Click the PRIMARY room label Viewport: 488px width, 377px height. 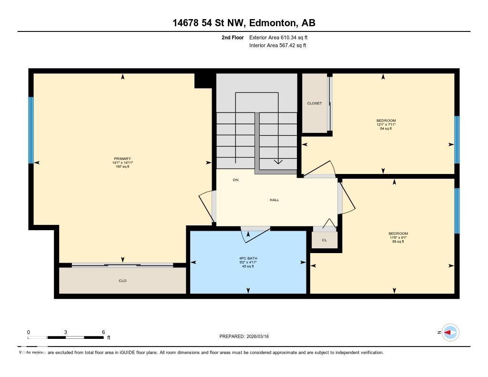tap(122, 159)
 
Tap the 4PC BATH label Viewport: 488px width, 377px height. tap(248, 258)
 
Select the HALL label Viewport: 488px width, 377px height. tap(274, 200)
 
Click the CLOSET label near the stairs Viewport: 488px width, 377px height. tap(314, 103)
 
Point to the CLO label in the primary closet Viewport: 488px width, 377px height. tap(122, 281)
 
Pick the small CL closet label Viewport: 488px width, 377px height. tap(324, 240)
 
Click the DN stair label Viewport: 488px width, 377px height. tap(235, 180)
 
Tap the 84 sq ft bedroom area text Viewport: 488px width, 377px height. tap(386, 129)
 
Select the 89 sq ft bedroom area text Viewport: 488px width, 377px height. tap(398, 242)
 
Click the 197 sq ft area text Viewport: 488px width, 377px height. tap(122, 167)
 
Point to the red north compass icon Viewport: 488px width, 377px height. tap(450, 332)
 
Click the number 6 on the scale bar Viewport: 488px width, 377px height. tap(103, 332)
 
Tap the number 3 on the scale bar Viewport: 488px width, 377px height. tap(65, 332)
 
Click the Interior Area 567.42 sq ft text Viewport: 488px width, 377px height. tap(277, 46)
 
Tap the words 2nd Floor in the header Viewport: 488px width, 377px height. tap(233, 37)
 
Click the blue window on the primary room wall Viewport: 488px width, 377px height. tap(31, 130)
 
